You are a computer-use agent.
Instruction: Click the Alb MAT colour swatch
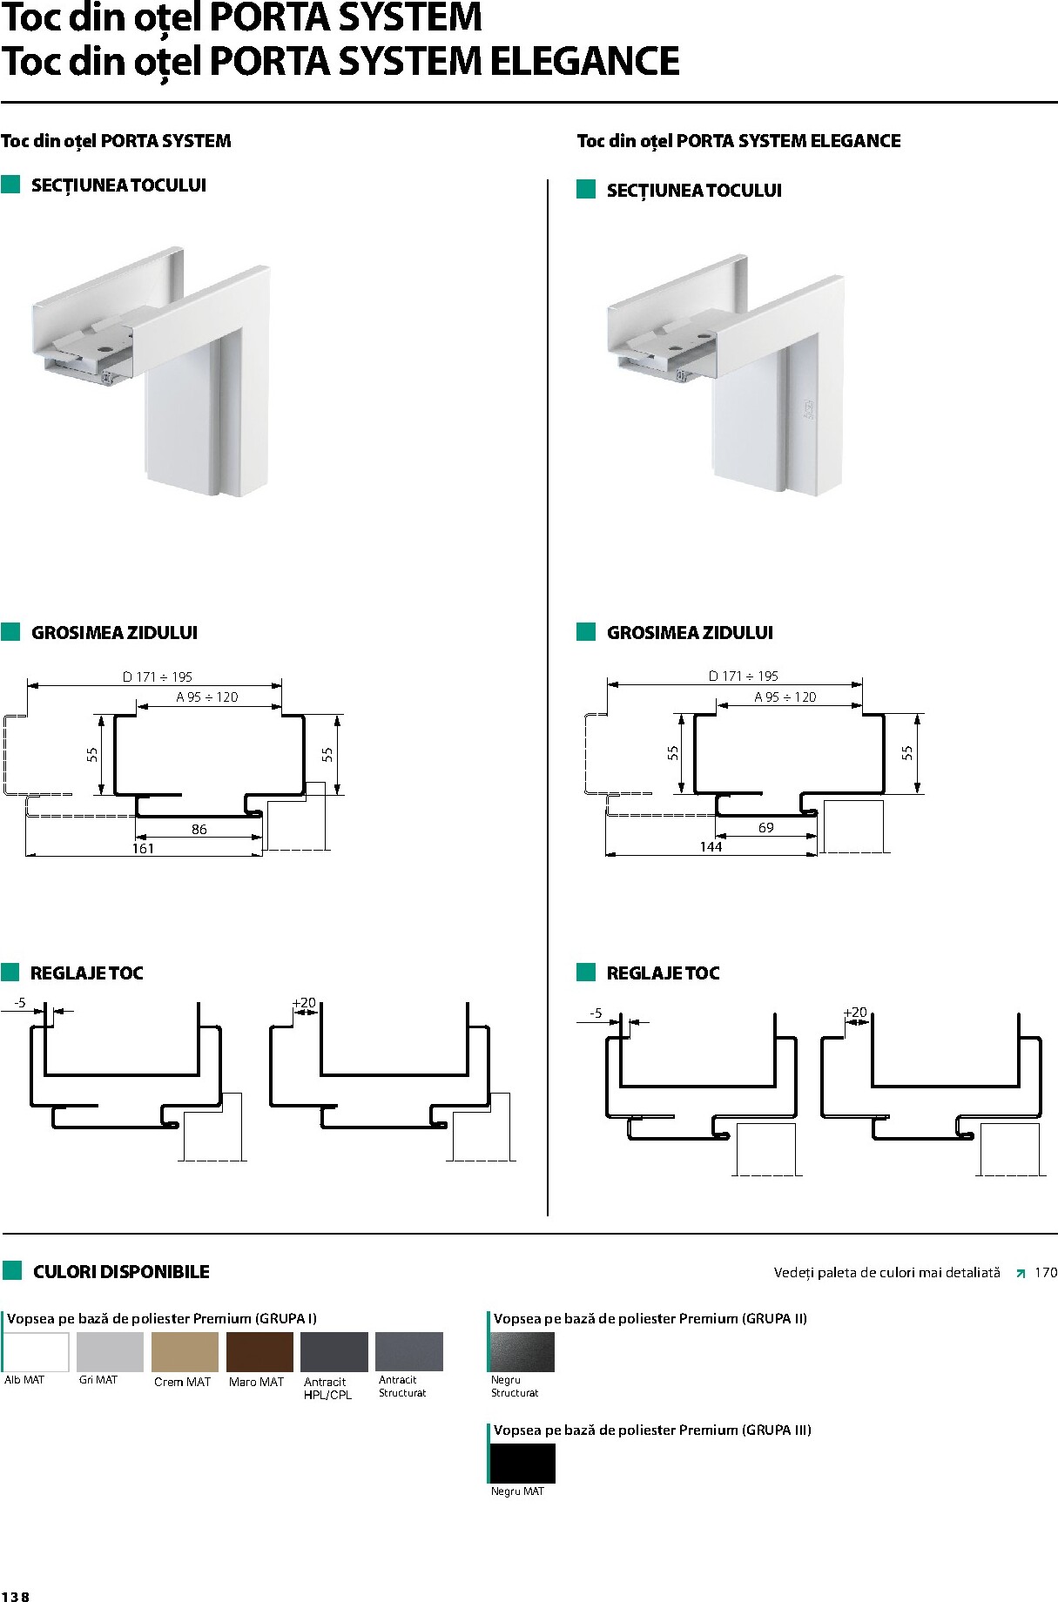37,1352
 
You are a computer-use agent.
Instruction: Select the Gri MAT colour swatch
110,1352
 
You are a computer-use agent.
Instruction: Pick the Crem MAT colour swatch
185,1352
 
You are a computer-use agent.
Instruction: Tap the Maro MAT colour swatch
259,1352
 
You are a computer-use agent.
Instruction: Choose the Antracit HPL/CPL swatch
334,1352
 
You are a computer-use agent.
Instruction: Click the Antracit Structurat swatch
409,1352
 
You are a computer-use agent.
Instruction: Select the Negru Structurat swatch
522,1352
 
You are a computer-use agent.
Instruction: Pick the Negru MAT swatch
522,1464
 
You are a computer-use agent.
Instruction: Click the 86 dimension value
199,830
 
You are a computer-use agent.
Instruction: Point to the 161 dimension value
143,849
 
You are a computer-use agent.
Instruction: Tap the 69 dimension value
766,828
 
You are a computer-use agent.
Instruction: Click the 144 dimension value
711,847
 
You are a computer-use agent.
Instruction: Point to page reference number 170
1046,1273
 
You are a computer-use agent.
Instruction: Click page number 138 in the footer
15,1597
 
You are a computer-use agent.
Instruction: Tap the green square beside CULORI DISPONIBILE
12,1271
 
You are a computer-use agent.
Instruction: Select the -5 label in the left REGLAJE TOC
20,1003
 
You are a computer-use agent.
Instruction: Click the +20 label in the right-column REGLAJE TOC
856,1013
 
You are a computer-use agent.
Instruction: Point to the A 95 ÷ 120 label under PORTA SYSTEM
207,697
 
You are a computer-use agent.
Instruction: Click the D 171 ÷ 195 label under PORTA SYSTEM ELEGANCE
744,676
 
